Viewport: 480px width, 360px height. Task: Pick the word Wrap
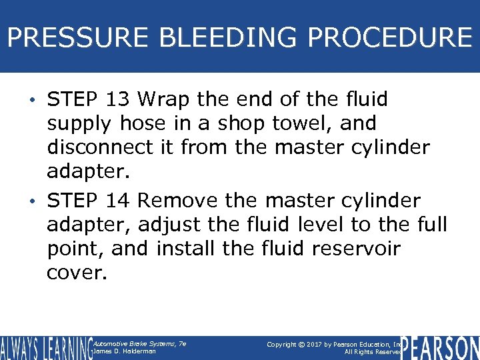click(x=165, y=99)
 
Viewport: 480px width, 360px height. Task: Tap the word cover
click(x=75, y=272)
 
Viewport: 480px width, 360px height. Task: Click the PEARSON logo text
click(x=440, y=348)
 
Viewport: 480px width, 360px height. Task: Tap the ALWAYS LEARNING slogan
click(x=45, y=348)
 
